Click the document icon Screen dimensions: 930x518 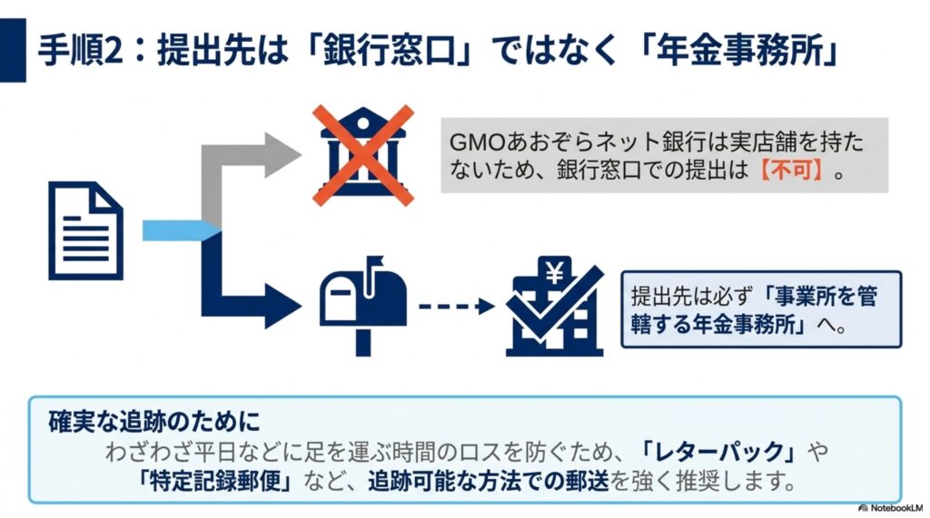pos(86,230)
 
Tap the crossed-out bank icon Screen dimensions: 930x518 pos(363,155)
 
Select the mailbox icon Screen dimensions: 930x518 pos(363,306)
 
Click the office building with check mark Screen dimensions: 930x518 pos(555,306)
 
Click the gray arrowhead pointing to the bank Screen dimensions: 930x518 pos(282,155)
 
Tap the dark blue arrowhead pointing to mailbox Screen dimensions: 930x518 pos(282,307)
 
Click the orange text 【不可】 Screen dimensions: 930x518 pos(792,171)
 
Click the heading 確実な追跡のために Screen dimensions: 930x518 pos(154,422)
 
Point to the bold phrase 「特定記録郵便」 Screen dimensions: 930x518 pos(214,481)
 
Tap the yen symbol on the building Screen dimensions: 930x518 pos(555,273)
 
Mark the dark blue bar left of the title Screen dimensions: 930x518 pos(13,51)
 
